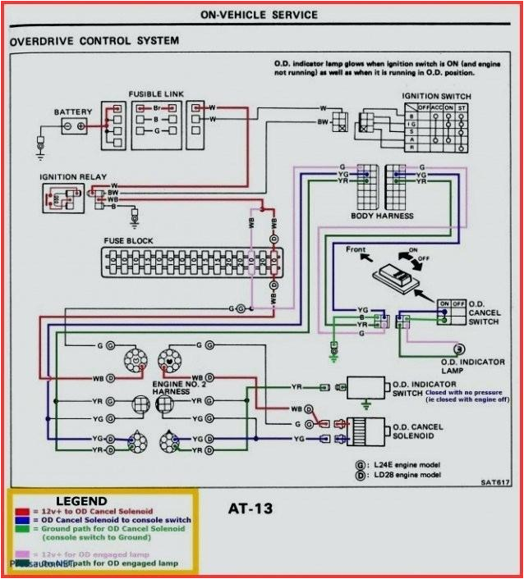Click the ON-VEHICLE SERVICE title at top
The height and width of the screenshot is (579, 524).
point(260,14)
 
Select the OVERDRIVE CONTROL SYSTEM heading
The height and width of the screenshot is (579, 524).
point(94,40)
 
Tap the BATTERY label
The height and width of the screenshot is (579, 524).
point(74,112)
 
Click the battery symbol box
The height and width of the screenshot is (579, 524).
point(75,126)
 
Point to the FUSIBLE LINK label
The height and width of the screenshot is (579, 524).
point(156,94)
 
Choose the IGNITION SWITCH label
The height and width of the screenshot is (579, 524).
point(436,96)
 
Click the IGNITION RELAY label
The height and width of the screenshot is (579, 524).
point(72,176)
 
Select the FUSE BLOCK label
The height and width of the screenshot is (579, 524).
point(128,241)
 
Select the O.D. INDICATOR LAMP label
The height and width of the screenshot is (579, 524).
point(472,366)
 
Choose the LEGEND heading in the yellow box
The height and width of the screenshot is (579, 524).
point(81,501)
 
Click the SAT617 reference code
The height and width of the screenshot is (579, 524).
point(492,482)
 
